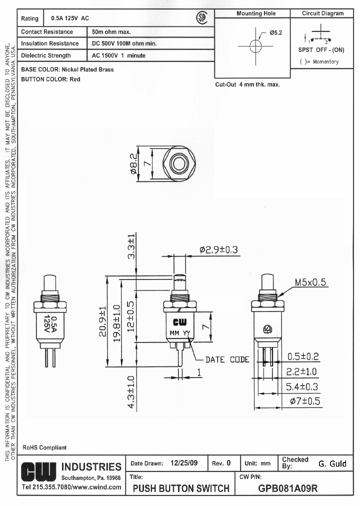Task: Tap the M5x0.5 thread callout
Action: pos(309,282)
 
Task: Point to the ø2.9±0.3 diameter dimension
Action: pos(218,250)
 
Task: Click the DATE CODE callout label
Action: pos(227,359)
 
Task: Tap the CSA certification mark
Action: pos(201,18)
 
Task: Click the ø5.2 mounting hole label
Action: pos(276,32)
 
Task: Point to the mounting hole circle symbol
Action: pos(255,46)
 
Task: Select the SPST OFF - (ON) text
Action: pos(321,50)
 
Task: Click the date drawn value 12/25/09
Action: pos(184,463)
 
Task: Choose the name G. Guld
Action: pos(332,463)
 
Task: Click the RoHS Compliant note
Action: pos(44,447)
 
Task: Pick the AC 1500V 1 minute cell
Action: pos(118,55)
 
